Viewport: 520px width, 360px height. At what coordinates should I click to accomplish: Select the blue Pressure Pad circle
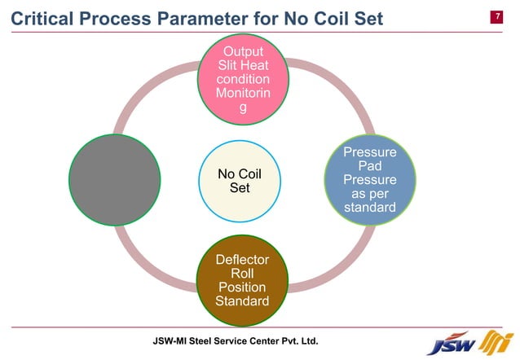pyautogui.click(x=368, y=181)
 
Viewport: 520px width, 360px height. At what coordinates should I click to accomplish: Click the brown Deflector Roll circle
pyautogui.click(x=241, y=280)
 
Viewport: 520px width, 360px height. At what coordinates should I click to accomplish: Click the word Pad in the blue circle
pyautogui.click(x=369, y=166)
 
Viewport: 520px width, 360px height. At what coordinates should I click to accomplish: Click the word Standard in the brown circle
pyautogui.click(x=241, y=301)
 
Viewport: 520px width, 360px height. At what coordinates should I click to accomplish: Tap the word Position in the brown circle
pyautogui.click(x=241, y=288)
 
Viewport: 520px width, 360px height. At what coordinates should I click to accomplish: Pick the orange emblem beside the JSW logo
pyautogui.click(x=495, y=342)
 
